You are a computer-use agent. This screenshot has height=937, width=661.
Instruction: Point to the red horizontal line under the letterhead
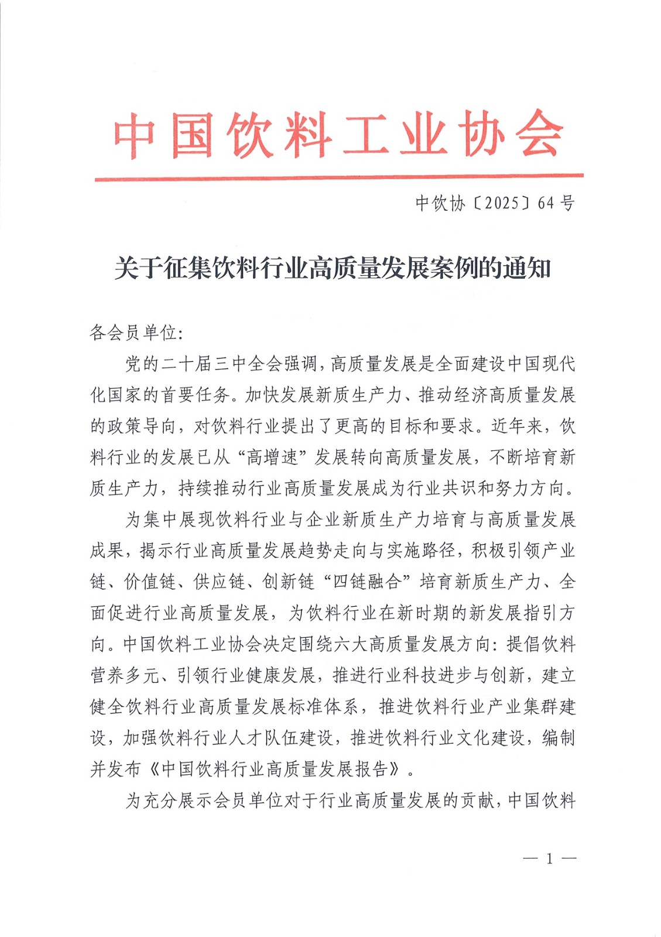pos(339,176)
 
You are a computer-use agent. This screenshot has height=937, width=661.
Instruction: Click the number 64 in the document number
pos(546,203)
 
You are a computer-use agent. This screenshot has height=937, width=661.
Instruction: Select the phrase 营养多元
pos(125,675)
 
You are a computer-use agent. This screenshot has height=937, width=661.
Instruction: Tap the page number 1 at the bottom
pos(549,859)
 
